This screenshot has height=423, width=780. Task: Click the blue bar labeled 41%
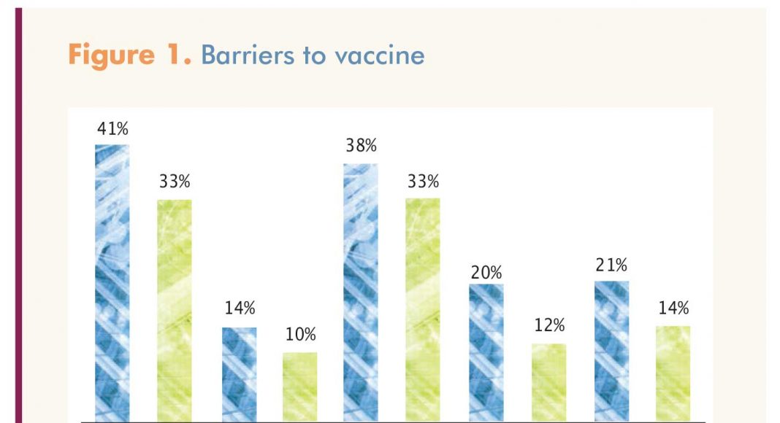(112, 284)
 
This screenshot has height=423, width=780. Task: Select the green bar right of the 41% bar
(175, 311)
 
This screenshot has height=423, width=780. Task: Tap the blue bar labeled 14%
(240, 375)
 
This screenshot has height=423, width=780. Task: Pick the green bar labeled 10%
(300, 387)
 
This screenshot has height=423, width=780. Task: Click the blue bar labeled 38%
(361, 293)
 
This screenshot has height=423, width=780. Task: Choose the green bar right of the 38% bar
(423, 310)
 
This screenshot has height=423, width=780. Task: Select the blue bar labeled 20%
(486, 353)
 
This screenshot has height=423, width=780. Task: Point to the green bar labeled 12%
(548, 383)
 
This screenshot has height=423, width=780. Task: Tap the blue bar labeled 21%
(611, 352)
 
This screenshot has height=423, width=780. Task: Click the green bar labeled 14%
(673, 374)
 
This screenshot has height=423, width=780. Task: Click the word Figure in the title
(112, 55)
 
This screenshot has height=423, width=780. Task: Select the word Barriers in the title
(248, 55)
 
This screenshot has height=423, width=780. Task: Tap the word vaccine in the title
(380, 56)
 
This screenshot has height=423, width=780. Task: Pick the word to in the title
(314, 55)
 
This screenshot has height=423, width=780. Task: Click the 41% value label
(112, 129)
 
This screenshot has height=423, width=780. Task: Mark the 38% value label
(361, 145)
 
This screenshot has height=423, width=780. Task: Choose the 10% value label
(300, 335)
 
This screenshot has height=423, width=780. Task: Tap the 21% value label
(611, 265)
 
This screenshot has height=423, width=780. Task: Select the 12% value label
(549, 325)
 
